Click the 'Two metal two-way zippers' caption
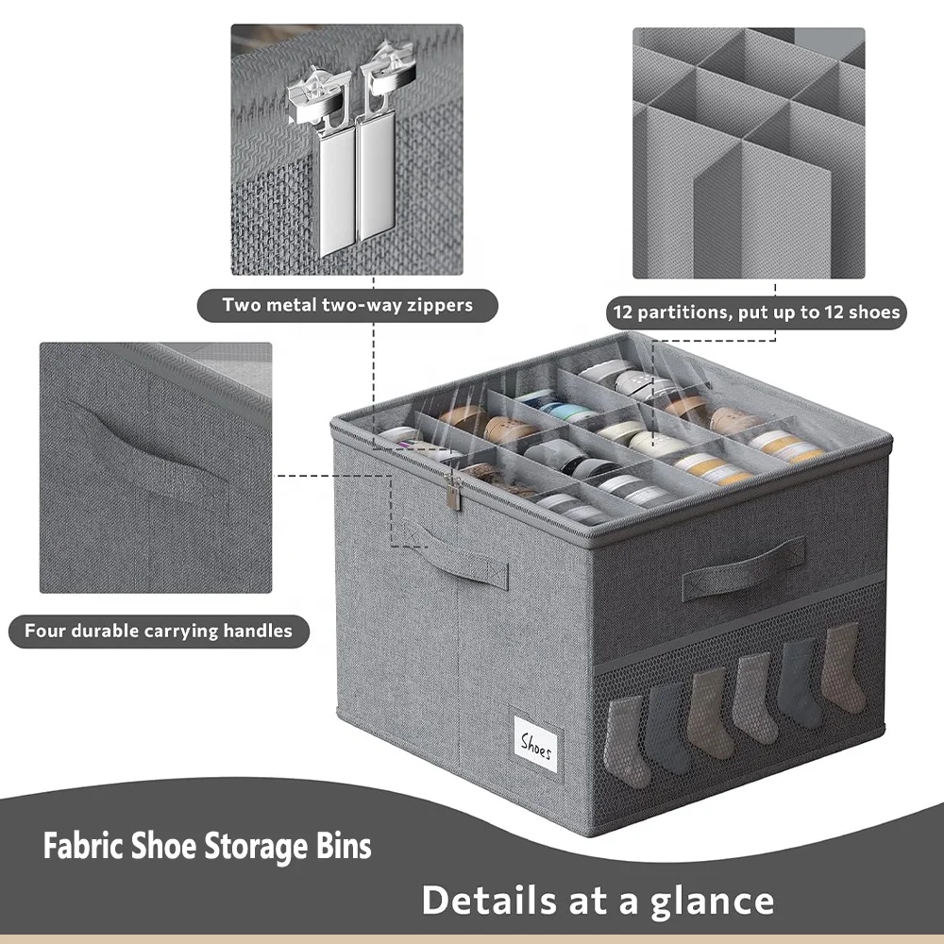tap(347, 305)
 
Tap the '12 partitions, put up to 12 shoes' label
tap(756, 312)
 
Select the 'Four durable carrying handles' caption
tap(159, 631)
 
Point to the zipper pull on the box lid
tap(454, 493)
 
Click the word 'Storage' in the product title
tap(246, 846)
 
